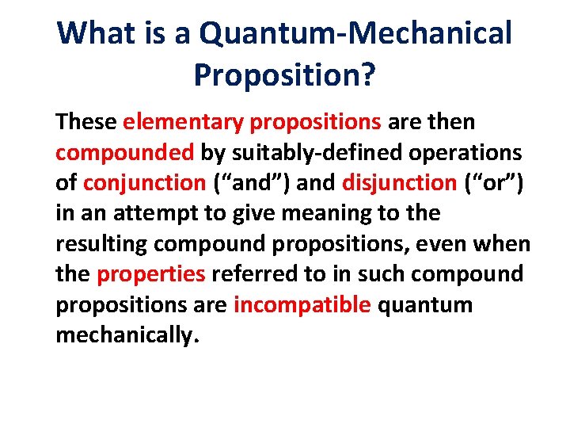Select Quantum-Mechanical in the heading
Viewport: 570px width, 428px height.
click(x=355, y=33)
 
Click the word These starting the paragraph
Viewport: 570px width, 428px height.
click(x=87, y=122)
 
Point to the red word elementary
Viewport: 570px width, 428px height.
click(x=183, y=122)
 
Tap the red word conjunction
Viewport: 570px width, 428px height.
click(x=145, y=182)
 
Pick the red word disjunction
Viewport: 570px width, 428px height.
click(x=400, y=182)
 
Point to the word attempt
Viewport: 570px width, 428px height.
click(x=153, y=213)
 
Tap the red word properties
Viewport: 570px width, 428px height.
click(x=151, y=274)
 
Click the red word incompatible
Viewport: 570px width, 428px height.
click(x=302, y=304)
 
